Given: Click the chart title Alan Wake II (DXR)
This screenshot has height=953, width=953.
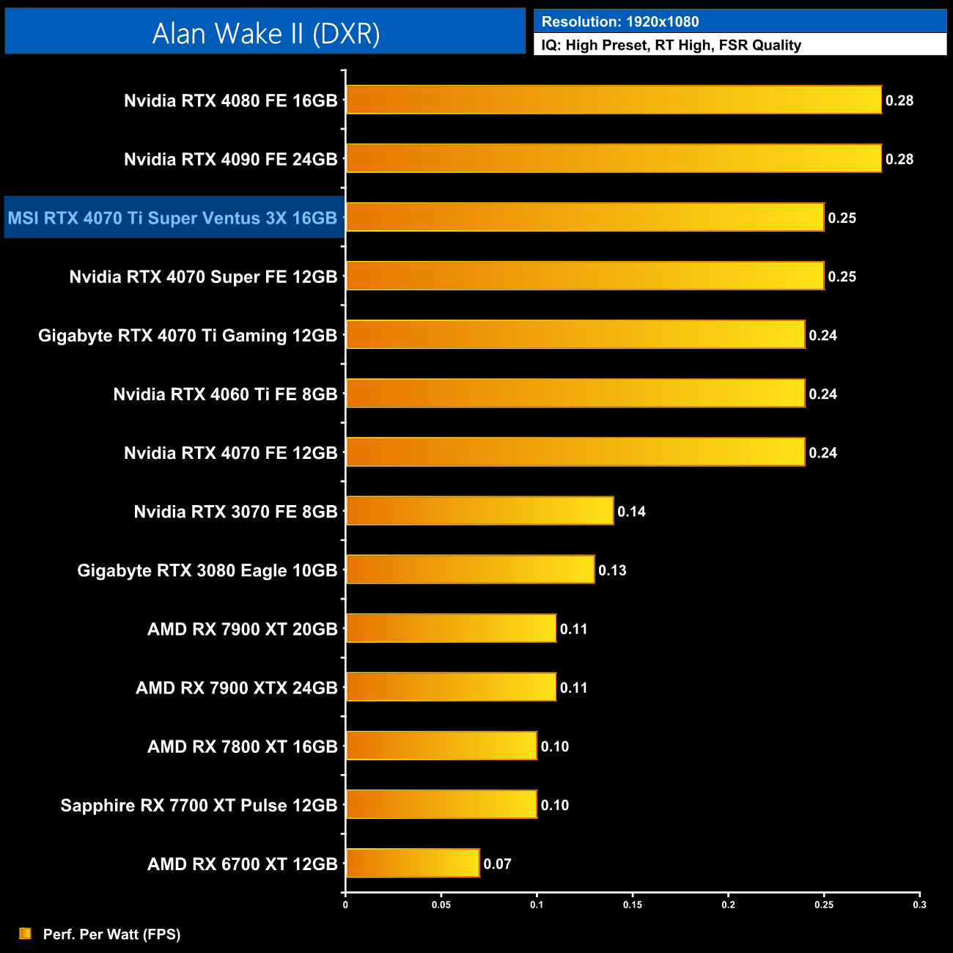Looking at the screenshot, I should click(265, 33).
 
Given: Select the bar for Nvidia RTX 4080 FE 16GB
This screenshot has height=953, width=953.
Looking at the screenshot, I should click(614, 100).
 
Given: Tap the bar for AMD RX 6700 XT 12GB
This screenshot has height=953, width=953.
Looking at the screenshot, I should click(413, 863).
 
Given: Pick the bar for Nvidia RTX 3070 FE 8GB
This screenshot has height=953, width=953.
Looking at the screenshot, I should click(479, 511).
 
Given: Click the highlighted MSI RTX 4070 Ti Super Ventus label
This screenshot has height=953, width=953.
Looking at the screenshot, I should click(173, 218).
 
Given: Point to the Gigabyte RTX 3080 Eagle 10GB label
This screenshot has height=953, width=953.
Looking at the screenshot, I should click(207, 570).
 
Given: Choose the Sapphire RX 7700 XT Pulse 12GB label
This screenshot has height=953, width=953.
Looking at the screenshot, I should click(199, 805).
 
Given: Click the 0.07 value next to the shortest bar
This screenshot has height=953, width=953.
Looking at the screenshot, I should click(497, 864).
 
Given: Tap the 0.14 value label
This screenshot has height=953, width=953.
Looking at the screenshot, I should click(631, 512).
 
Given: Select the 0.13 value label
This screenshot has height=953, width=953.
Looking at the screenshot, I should click(612, 570).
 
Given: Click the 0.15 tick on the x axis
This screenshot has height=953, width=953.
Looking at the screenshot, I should click(633, 905).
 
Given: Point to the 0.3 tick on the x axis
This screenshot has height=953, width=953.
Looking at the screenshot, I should click(919, 905).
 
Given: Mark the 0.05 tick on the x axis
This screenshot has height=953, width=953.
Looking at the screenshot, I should click(441, 905).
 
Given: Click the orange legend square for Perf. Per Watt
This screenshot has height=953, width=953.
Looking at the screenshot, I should click(26, 933).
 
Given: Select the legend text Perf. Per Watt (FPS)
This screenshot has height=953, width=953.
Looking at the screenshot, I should click(111, 934).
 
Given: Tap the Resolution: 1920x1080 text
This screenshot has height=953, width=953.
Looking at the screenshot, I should click(620, 21).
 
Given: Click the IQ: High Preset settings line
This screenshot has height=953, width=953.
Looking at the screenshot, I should click(671, 45).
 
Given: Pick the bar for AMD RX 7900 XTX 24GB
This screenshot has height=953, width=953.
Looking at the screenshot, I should click(451, 687).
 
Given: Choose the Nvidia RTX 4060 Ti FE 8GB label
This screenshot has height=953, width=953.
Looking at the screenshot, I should click(225, 394).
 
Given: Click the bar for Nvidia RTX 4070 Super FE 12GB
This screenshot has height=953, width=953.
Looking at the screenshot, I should click(585, 276).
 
